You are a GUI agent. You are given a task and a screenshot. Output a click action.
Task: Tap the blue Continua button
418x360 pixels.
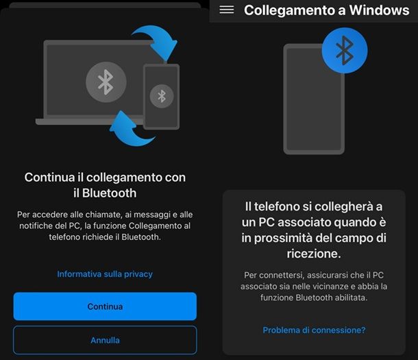105,306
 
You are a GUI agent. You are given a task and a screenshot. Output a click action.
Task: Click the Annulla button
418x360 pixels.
105,340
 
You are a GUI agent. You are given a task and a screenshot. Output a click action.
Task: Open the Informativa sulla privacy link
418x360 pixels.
105,274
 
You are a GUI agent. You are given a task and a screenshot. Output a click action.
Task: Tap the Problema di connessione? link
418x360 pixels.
314,330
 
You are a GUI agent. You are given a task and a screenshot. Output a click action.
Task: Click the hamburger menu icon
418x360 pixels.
227,10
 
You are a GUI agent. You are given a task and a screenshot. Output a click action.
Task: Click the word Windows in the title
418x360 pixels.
380,10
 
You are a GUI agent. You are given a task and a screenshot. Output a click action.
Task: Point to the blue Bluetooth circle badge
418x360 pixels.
345,51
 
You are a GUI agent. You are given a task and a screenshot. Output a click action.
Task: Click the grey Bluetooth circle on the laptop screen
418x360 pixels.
106,82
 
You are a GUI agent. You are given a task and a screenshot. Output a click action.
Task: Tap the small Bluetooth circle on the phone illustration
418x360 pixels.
162,96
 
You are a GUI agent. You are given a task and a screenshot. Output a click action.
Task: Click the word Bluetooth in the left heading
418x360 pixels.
109,193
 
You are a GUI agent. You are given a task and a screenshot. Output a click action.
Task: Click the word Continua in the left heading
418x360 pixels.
49,178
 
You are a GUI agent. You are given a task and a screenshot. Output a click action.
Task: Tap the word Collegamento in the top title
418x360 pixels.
295,10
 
